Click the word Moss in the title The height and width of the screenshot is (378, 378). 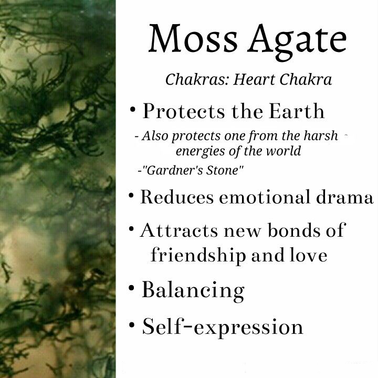(x=193, y=38)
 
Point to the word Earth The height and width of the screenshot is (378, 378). (x=297, y=111)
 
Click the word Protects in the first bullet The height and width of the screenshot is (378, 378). (x=184, y=111)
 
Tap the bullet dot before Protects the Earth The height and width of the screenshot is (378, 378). (x=133, y=110)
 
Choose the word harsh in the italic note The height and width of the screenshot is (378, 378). (x=321, y=135)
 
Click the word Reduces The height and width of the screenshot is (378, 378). (x=177, y=197)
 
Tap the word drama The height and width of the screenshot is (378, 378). (x=345, y=197)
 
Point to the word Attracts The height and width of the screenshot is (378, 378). (x=178, y=230)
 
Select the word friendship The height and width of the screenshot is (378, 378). (x=198, y=256)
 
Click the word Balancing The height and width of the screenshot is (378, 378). (x=193, y=290)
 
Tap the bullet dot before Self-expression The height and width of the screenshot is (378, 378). (x=132, y=325)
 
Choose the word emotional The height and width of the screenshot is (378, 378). (x=265, y=197)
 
